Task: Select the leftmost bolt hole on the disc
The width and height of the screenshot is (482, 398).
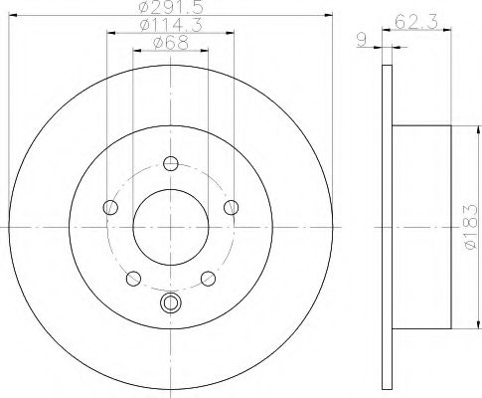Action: [110, 207]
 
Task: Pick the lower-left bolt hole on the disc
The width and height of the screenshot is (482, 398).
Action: [133, 277]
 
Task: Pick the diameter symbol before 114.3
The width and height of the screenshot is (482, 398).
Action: [141, 27]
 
